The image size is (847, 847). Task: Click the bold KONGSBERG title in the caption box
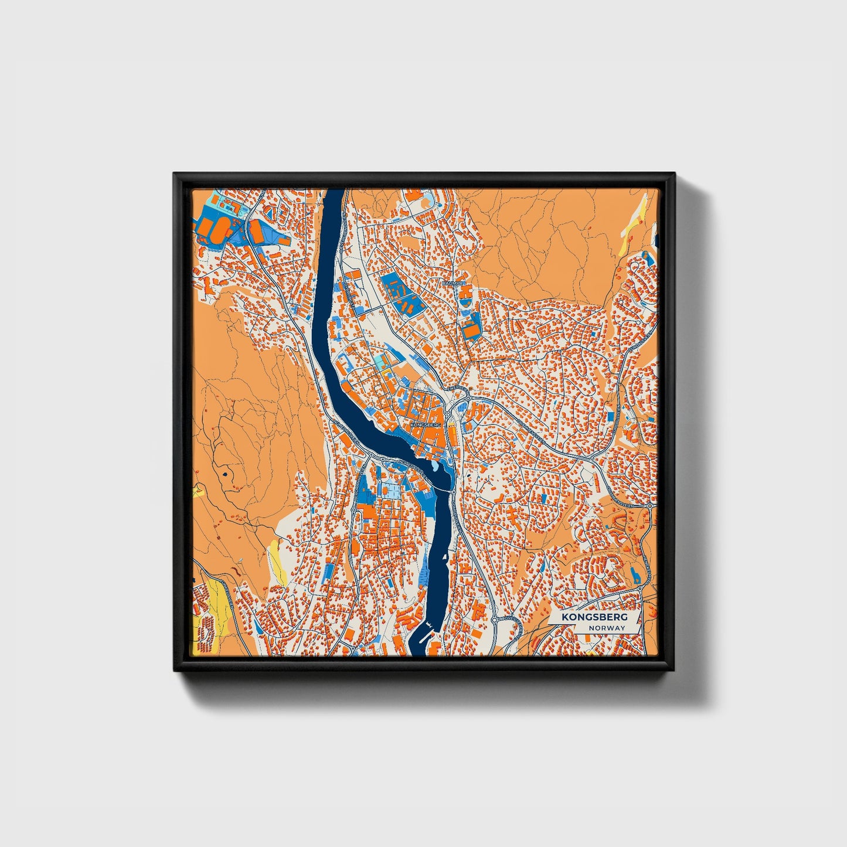coord(594,617)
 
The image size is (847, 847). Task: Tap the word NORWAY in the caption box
coord(608,628)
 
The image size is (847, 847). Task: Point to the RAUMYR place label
coord(453,283)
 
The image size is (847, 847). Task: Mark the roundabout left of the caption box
coord(495,619)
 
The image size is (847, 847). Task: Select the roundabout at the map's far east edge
coord(650,505)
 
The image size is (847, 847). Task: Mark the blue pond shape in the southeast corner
coord(637,576)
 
